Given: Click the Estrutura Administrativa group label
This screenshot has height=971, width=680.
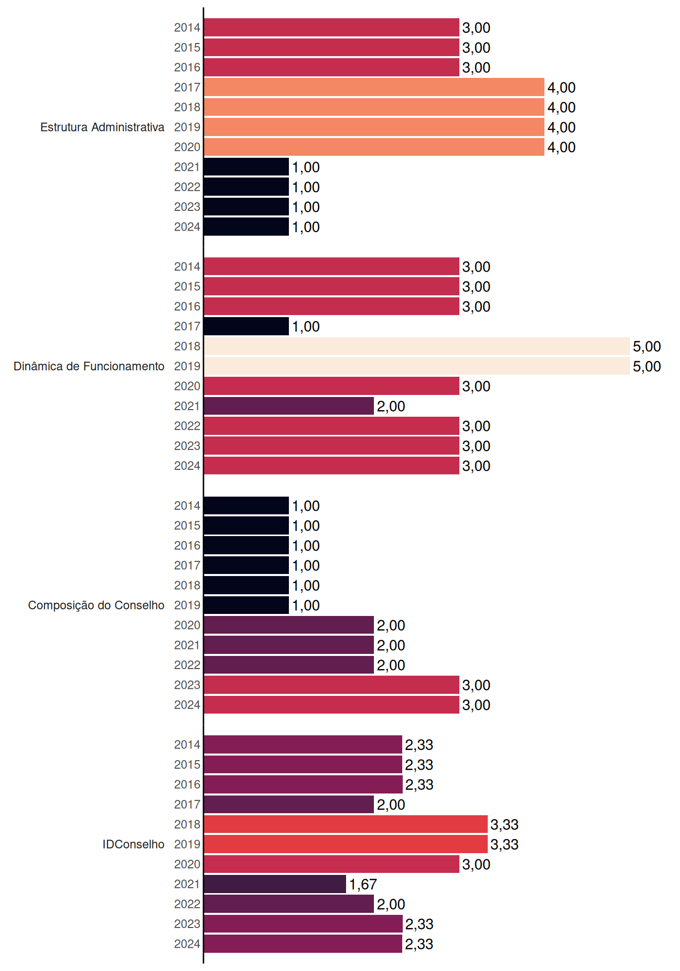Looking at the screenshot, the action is tap(102, 127).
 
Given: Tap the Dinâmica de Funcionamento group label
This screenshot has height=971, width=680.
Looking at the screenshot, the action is tap(89, 366).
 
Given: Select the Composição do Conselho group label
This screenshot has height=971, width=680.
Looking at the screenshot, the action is tap(96, 605).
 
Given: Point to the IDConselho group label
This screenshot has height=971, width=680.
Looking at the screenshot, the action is tap(134, 844).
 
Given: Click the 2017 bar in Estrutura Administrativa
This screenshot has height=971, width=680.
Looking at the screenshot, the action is tap(374, 87).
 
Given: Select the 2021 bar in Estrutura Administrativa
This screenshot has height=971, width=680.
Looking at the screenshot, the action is tap(246, 167).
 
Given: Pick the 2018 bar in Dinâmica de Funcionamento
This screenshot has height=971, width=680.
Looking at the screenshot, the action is tap(417, 346).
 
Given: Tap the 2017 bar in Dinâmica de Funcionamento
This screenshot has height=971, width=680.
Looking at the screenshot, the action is tap(246, 326).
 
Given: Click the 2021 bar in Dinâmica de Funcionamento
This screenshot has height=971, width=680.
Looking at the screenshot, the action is tap(289, 406).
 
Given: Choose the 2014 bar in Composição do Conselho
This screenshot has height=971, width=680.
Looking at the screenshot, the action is tap(246, 506).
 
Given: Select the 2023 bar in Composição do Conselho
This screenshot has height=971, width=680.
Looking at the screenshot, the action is tap(331, 685).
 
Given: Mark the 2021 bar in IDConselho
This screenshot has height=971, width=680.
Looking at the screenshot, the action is tap(275, 884).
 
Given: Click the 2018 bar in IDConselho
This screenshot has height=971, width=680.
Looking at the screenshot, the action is tap(346, 824).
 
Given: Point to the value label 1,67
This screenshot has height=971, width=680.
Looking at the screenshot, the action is tap(363, 885).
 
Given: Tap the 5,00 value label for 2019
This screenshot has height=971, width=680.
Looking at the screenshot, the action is tap(647, 367).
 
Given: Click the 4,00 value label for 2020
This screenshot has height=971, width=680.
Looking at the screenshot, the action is tap(562, 147).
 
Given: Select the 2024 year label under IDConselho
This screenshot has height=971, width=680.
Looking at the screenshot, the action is tap(187, 944).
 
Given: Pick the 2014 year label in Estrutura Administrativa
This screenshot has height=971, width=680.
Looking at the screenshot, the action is tap(187, 28).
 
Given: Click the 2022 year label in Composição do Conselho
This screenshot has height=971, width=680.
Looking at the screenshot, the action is tap(187, 665).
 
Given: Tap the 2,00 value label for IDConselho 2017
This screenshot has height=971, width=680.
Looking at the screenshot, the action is tap(391, 805).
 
